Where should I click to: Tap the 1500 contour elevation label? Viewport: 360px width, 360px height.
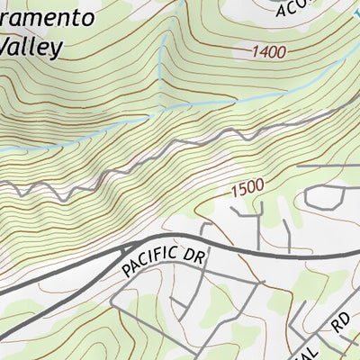coord(247,188)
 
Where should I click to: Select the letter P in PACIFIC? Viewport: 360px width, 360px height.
coord(127,270)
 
